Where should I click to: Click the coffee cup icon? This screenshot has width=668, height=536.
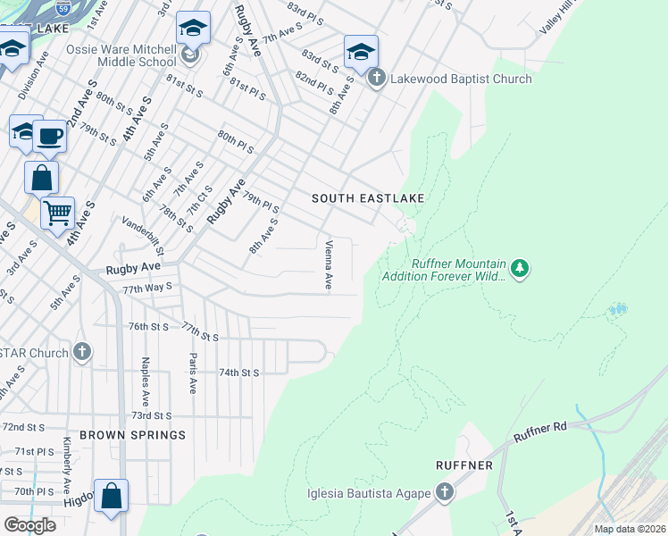[x=49, y=137]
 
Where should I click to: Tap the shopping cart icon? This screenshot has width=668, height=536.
[x=57, y=214]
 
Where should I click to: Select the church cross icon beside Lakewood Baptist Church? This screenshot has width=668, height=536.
[x=376, y=79]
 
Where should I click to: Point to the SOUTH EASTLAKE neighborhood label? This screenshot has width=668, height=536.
[x=367, y=197]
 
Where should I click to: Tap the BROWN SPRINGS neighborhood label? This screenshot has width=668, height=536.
[x=132, y=435]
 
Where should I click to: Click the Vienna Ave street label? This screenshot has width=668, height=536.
[x=329, y=264]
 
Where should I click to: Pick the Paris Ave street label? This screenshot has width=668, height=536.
[x=192, y=373]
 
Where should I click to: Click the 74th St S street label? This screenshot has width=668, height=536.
[x=238, y=373]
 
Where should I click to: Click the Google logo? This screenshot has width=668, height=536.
[x=29, y=525]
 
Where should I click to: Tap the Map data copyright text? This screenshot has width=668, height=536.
[x=630, y=529]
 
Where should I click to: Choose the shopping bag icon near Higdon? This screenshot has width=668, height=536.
[x=111, y=496]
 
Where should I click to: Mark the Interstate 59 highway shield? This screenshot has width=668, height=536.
[x=62, y=8]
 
